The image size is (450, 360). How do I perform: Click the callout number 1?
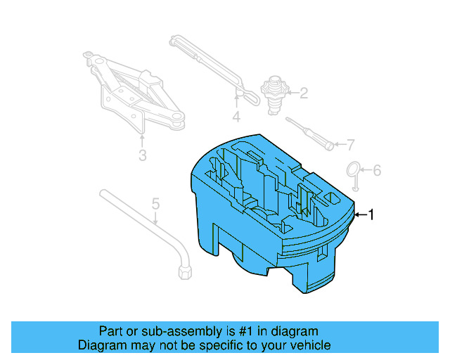pyautogui.click(x=371, y=214)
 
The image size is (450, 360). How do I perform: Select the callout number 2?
pyautogui.click(x=304, y=92)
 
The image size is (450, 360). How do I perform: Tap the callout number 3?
pyautogui.click(x=142, y=155)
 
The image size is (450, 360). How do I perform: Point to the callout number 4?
pyautogui.click(x=236, y=117)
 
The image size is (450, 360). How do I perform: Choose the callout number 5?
pyautogui.click(x=156, y=204)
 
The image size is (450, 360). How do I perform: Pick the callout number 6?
pyautogui.click(x=376, y=170)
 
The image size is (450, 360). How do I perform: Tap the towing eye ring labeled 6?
pyautogui.click(x=354, y=172)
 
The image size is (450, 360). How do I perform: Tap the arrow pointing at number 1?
pyautogui.click(x=360, y=214)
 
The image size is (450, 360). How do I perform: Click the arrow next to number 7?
pyautogui.click(x=342, y=146)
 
